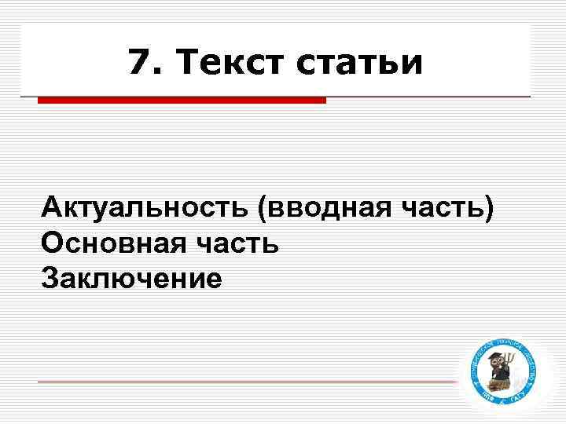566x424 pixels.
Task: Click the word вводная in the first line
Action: point(324,210)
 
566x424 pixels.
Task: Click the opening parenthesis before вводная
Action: point(260,210)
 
